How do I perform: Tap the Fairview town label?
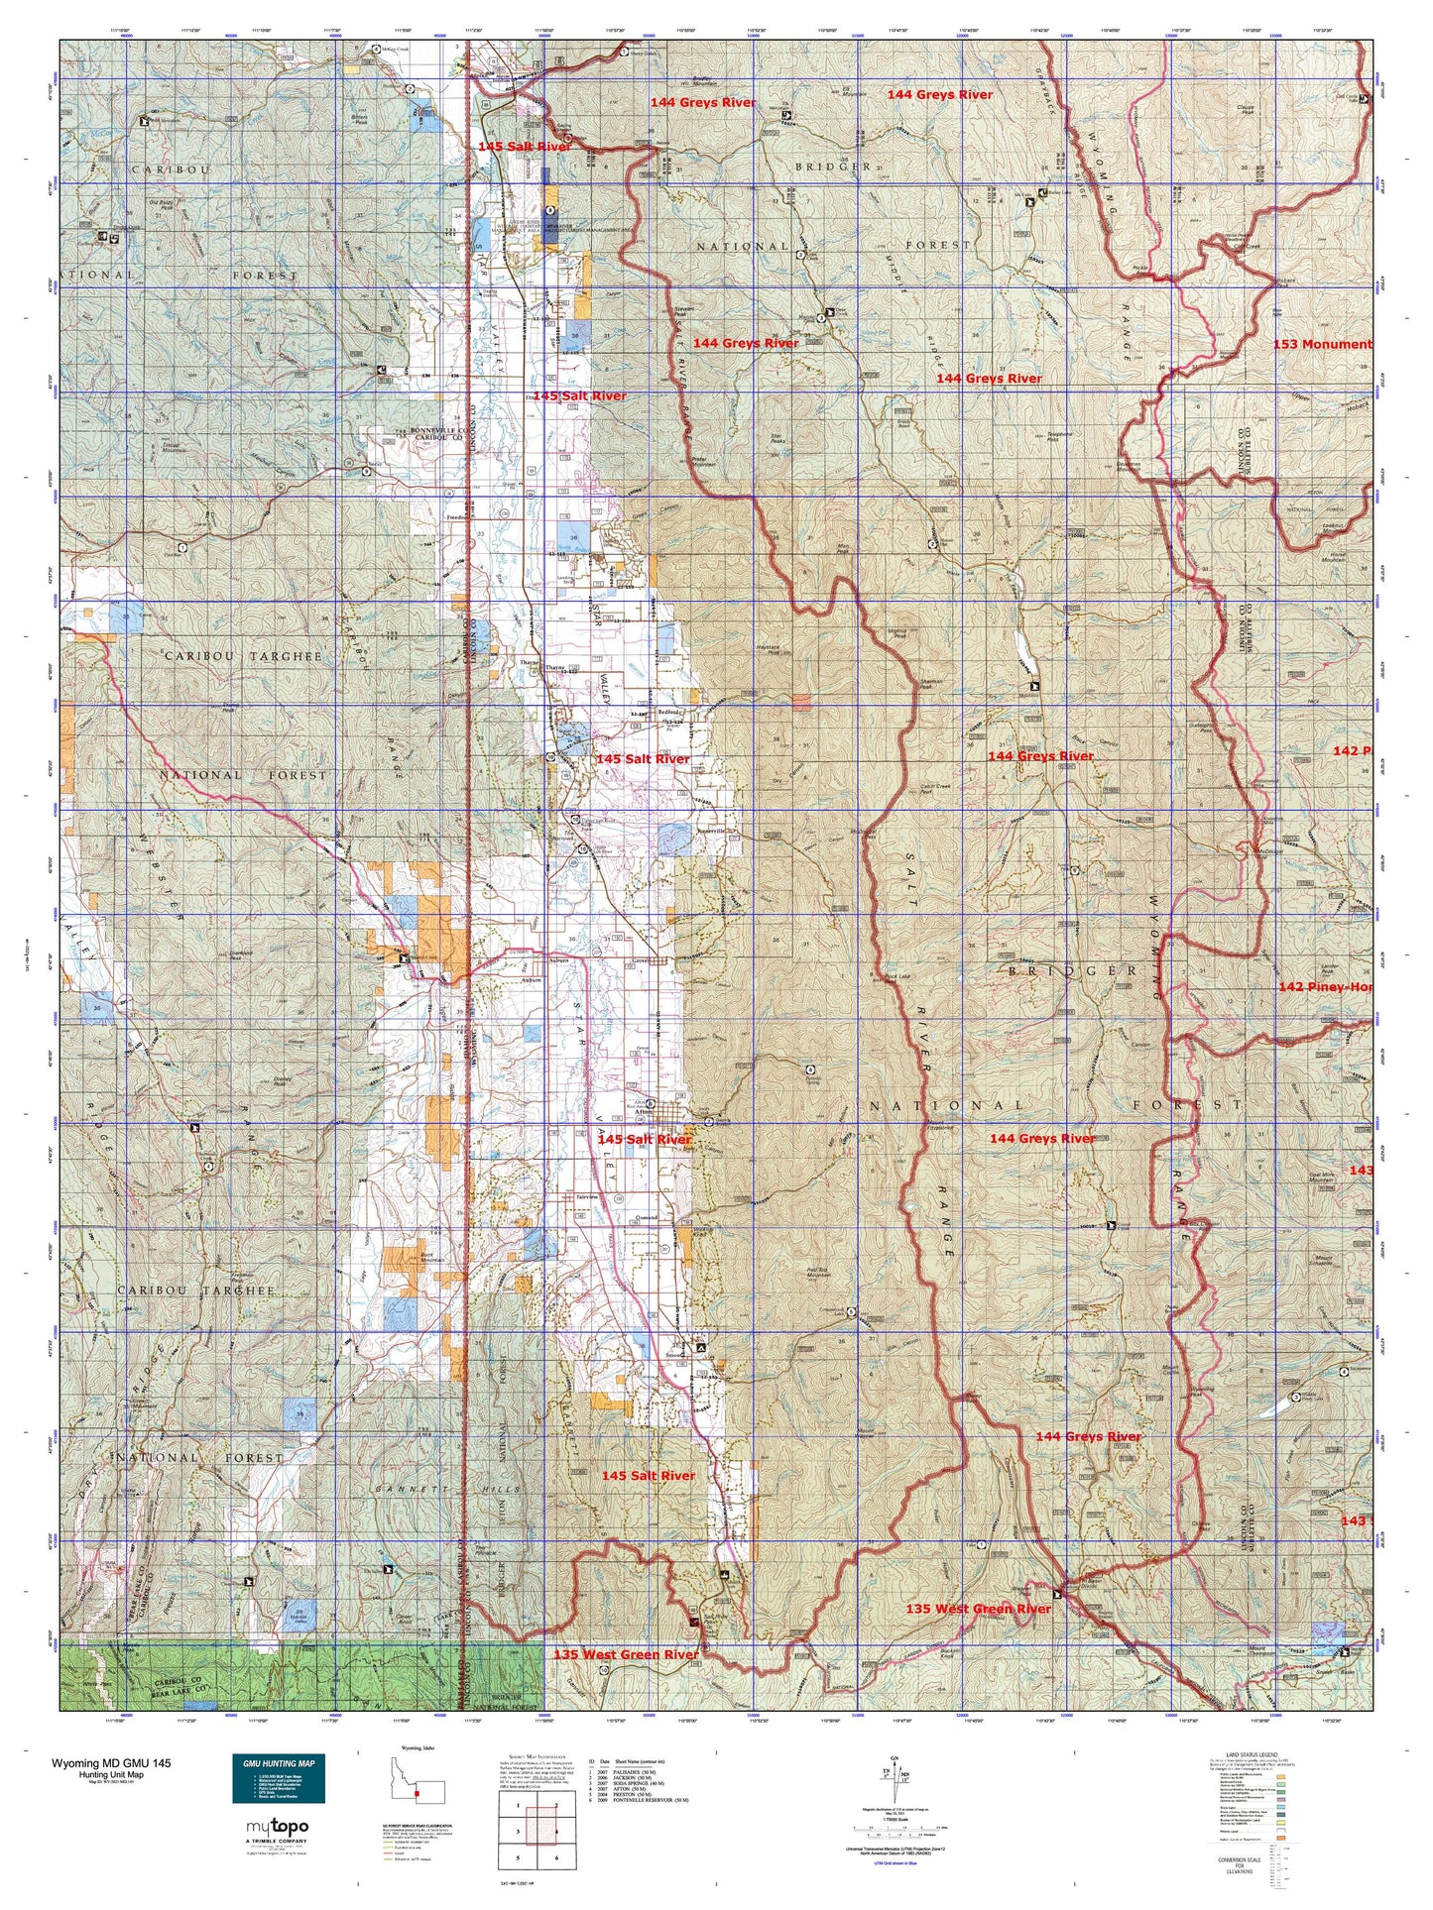[587, 1196]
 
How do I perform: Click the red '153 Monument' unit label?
[1322, 344]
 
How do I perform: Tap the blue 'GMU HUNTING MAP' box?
[279, 1779]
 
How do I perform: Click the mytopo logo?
[277, 1827]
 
